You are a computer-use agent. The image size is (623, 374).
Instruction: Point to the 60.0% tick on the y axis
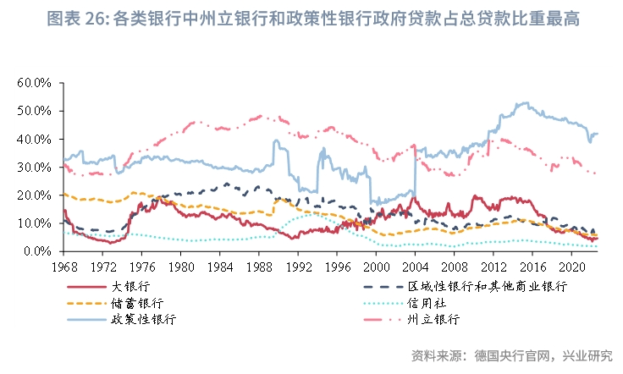click(35, 82)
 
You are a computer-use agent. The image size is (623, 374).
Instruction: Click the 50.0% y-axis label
click(35, 111)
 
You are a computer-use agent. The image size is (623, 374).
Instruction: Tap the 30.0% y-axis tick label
click(35, 167)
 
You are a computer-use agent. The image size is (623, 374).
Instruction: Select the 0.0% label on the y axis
click(38, 251)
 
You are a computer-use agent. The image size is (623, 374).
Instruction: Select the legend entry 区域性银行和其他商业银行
click(486, 286)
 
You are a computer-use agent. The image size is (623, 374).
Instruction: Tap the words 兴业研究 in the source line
click(587, 353)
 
